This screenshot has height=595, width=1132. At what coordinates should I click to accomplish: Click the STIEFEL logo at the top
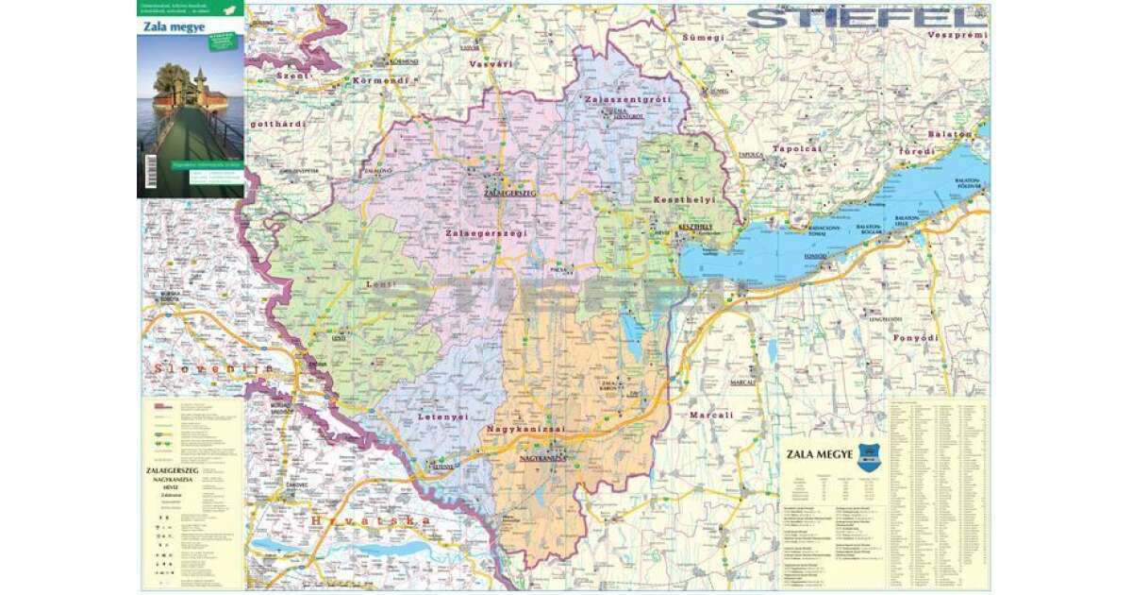(x=860, y=18)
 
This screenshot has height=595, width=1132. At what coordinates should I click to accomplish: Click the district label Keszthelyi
(x=684, y=200)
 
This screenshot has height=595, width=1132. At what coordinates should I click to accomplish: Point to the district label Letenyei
(x=441, y=416)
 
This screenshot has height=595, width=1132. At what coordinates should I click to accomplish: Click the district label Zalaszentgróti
(x=627, y=99)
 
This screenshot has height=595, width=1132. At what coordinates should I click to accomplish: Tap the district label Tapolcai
(x=798, y=149)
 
